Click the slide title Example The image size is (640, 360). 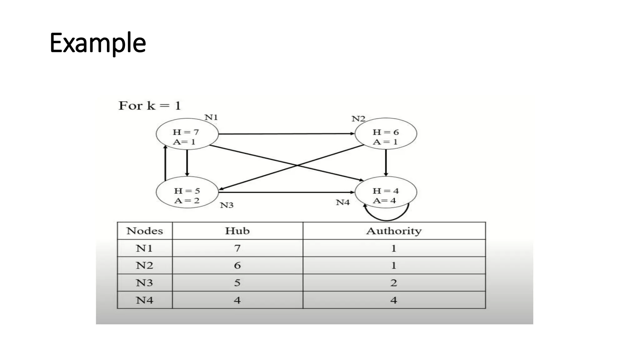[97, 43]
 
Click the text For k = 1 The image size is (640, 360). [150, 106]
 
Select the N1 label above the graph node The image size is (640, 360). [211, 117]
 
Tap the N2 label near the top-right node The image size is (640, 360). [358, 119]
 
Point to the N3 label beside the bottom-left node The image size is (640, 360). [227, 205]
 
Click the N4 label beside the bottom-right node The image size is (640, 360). [342, 202]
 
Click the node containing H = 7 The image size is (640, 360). [187, 134]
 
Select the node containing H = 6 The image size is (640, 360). [386, 134]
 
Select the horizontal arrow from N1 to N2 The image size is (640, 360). [286, 134]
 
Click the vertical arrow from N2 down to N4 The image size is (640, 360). [386, 162]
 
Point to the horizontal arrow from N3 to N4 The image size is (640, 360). [286, 192]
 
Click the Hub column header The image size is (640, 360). [237, 231]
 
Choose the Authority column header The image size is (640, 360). [394, 231]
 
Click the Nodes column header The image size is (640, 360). [144, 231]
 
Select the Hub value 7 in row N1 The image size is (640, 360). [237, 248]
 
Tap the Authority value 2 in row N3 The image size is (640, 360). [394, 283]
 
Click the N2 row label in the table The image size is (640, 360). [144, 265]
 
